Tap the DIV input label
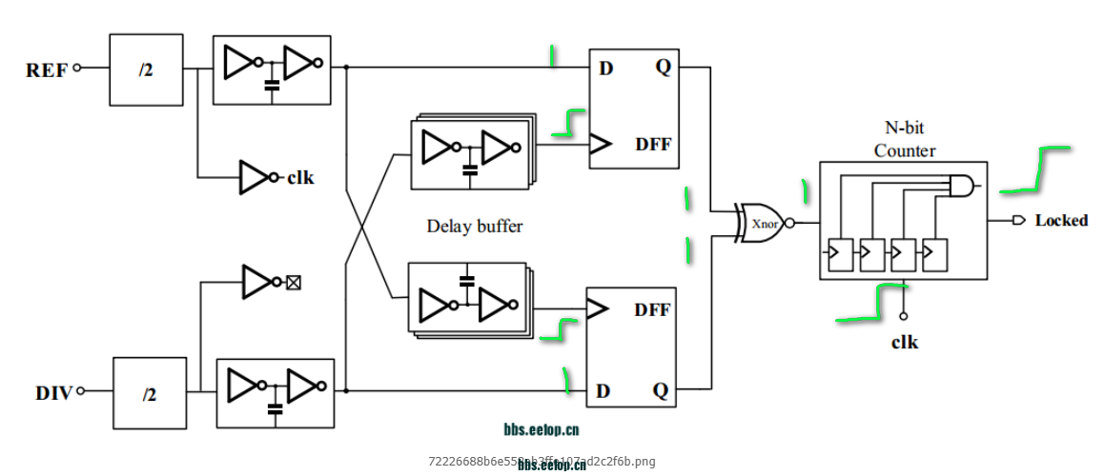coord(54,391)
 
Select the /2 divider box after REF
coord(146,69)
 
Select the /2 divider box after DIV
coord(150,392)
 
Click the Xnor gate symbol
coord(762,223)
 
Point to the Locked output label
coord(1061,221)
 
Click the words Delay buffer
coord(475,227)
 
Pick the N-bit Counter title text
coord(905,139)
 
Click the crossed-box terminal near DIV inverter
coord(294,283)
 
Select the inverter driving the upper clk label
coord(255,177)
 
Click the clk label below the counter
coord(905,342)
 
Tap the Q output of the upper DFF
coord(662,68)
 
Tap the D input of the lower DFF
coord(604,391)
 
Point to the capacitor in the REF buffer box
coord(272,86)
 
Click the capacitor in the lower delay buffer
coord(466,281)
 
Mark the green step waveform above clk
coord(871,302)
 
